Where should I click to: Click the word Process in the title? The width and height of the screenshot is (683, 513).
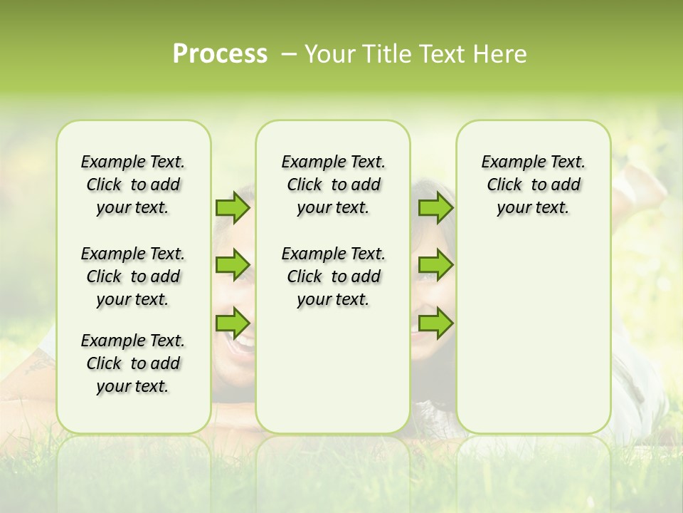[220, 54]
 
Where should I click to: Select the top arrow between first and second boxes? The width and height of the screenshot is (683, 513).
[232, 207]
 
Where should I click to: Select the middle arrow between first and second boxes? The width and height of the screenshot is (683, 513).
[232, 264]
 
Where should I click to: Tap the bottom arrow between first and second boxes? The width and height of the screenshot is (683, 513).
[232, 323]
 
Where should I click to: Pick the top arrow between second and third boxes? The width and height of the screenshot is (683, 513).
[435, 207]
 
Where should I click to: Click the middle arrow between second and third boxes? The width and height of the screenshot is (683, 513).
[435, 264]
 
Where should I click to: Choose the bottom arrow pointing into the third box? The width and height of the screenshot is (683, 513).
[435, 323]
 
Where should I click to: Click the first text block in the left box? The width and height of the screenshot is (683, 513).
[133, 185]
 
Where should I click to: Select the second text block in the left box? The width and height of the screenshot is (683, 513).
[133, 276]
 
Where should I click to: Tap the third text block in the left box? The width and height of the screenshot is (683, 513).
[133, 363]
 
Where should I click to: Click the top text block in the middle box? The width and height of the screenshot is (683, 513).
[333, 185]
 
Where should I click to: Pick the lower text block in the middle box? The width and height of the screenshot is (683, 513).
[333, 276]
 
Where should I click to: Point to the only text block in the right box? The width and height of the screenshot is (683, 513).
[533, 185]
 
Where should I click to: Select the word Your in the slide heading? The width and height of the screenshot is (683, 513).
[328, 54]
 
